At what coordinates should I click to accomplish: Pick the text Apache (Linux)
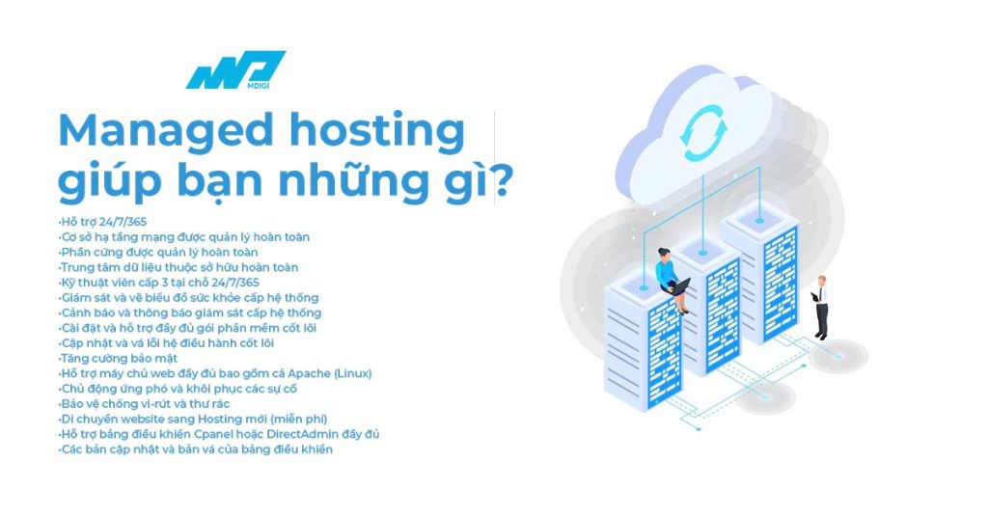click(x=329, y=373)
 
